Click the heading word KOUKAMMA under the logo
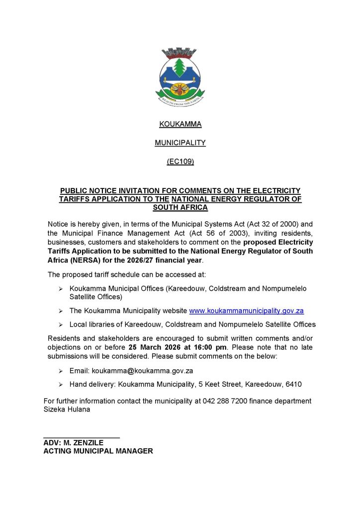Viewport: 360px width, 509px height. pyautogui.click(x=180, y=124)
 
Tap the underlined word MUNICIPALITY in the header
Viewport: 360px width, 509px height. pyautogui.click(x=180, y=143)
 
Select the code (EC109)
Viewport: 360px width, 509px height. pyautogui.click(x=180, y=162)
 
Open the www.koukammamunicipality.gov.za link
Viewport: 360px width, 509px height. pyautogui.click(x=246, y=311)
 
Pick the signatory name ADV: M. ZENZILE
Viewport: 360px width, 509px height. pyautogui.click(x=74, y=442)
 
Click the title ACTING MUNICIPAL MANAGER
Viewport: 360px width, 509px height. pyautogui.click(x=98, y=451)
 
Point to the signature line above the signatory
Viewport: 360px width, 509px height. pyautogui.click(x=82, y=437)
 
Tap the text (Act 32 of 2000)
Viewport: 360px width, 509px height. pyautogui.click(x=256, y=224)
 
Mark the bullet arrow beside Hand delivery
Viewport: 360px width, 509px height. pyautogui.click(x=60, y=384)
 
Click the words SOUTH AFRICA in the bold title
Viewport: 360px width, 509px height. pyautogui.click(x=180, y=207)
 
